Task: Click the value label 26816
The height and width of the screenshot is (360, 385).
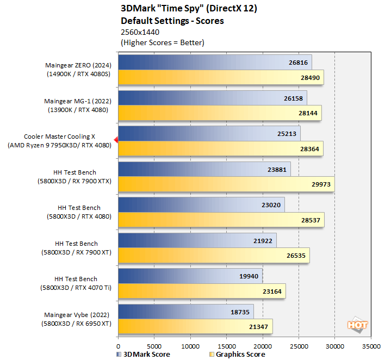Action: tap(298, 63)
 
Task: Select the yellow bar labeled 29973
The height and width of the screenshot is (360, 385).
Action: tap(226, 184)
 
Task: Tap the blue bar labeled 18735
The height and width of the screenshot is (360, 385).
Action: tap(185, 312)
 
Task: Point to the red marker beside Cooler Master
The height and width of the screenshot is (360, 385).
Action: tap(116, 140)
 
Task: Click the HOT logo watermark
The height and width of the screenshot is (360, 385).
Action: tap(358, 325)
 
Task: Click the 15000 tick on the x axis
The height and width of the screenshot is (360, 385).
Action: tap(226, 345)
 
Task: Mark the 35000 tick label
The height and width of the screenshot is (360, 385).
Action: tap(370, 345)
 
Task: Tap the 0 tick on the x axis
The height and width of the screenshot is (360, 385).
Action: tap(118, 345)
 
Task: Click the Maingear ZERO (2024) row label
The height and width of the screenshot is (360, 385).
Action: tap(79, 65)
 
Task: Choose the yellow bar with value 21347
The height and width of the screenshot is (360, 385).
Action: tap(195, 326)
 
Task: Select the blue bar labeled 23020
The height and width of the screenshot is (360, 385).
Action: tap(201, 205)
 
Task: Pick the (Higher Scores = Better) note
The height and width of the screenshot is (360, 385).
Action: tap(163, 42)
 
